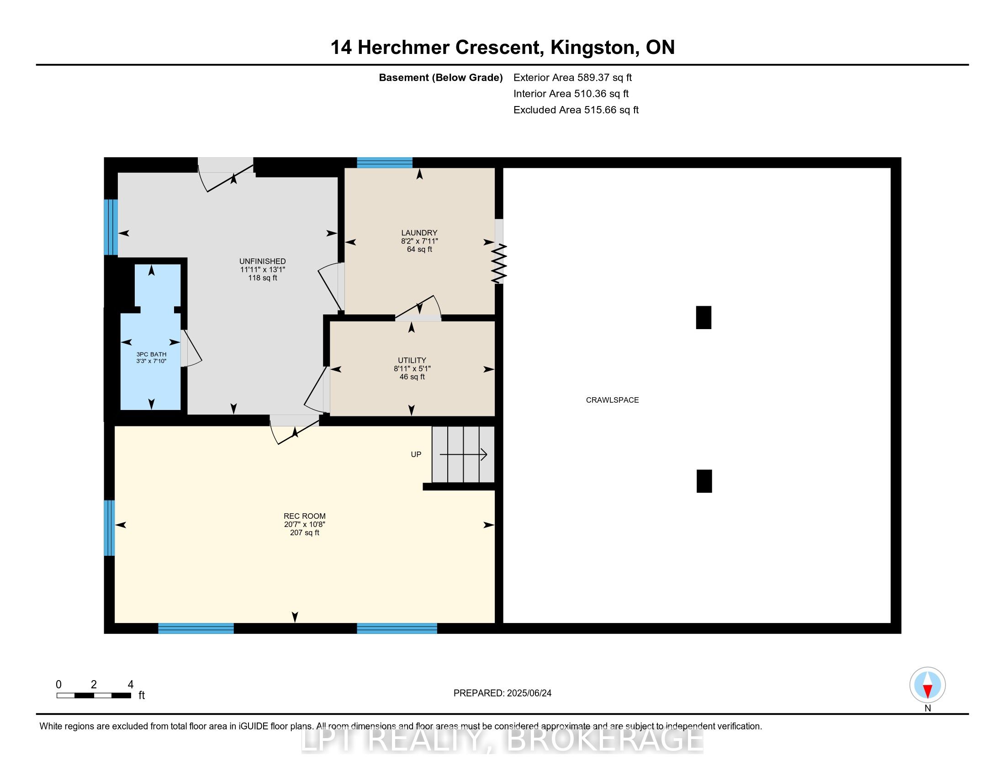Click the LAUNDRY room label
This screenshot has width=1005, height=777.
tap(419, 233)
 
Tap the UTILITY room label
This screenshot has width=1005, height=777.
tap(412, 361)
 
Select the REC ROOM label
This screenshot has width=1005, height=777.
tap(305, 516)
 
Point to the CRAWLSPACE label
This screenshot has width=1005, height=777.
tap(612, 400)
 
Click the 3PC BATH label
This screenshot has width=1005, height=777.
tap(151, 354)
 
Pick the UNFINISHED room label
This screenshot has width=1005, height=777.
tap(262, 261)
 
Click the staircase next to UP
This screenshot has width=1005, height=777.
tap(463, 454)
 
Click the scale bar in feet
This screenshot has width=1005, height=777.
tap(94, 695)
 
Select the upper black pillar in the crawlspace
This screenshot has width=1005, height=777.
tap(703, 318)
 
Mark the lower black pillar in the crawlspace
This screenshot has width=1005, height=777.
tap(704, 481)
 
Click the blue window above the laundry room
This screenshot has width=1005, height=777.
tap(385, 163)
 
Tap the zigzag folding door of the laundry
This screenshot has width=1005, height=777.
tap(499, 264)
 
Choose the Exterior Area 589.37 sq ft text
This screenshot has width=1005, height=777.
tap(572, 78)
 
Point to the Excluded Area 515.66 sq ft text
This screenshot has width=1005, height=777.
tap(576, 110)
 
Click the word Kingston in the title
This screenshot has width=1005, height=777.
tap(594, 48)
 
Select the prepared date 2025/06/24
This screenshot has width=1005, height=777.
tap(529, 693)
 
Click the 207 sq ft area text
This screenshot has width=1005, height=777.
tap(305, 532)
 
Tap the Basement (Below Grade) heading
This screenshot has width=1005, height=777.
tap(440, 78)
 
